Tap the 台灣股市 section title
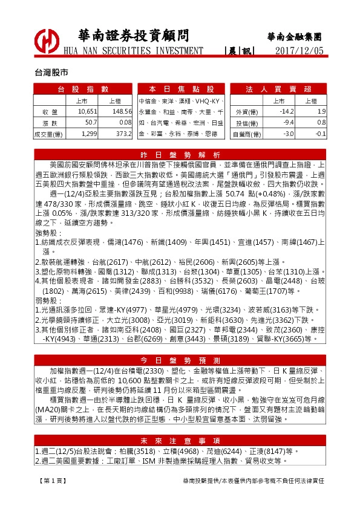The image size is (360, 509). point(51,71)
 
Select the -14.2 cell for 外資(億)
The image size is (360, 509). point(283,112)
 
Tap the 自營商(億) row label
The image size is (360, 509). point(248,134)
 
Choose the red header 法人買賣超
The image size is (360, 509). point(278,89)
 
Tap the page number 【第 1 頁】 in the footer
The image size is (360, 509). point(49,479)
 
